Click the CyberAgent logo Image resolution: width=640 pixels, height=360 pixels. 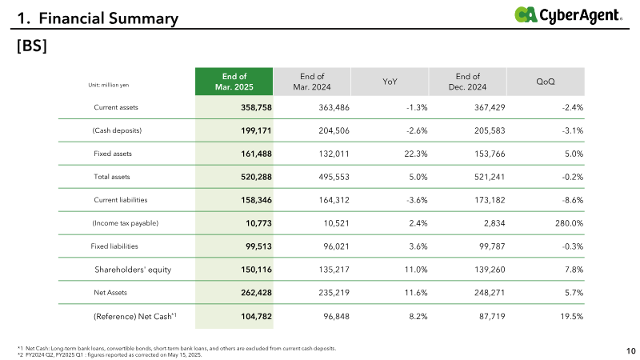(x=568, y=15)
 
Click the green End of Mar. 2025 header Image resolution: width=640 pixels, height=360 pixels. (x=234, y=82)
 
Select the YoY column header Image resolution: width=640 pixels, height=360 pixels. (x=390, y=82)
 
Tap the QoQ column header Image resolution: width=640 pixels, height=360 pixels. (x=546, y=82)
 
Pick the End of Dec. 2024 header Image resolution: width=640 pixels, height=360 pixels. (x=468, y=82)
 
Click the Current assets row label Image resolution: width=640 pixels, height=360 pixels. (x=116, y=107)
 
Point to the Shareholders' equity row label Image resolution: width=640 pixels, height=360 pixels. (x=133, y=270)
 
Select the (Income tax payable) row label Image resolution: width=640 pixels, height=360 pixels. (x=126, y=223)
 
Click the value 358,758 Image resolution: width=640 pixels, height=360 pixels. (x=256, y=107)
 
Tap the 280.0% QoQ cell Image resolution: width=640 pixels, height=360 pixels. (x=569, y=223)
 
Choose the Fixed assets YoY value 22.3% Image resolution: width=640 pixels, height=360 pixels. (x=416, y=154)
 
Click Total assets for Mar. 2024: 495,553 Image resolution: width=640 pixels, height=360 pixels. (x=334, y=177)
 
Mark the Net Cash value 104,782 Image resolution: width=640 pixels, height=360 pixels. (x=256, y=316)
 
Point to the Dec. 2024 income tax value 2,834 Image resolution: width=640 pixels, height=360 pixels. (x=494, y=223)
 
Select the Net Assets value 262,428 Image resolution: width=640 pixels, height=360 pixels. (x=256, y=293)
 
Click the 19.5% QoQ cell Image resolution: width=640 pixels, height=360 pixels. (x=571, y=316)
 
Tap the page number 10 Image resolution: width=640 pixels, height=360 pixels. (x=631, y=351)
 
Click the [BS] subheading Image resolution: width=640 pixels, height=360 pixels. (x=32, y=46)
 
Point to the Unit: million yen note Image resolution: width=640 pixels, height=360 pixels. (x=109, y=85)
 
